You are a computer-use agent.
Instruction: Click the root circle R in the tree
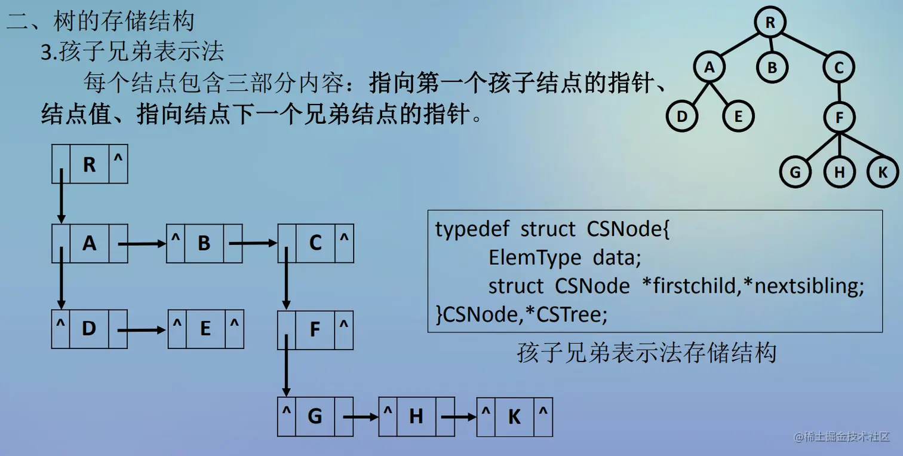(770, 23)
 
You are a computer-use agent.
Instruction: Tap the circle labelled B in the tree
(772, 67)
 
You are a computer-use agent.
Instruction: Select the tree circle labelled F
(839, 117)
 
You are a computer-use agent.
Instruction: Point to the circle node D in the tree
(682, 117)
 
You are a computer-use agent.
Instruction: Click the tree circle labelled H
(840, 173)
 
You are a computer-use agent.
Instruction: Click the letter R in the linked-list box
(89, 164)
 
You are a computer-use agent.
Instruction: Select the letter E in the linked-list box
(205, 329)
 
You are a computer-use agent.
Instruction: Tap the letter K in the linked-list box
(514, 417)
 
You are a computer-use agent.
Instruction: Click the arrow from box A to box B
(142, 244)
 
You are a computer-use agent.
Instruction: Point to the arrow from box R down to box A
(60, 197)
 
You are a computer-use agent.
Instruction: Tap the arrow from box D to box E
(142, 329)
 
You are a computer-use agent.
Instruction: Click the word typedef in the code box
(471, 229)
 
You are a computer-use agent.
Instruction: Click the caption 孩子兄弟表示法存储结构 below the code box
(646, 353)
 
